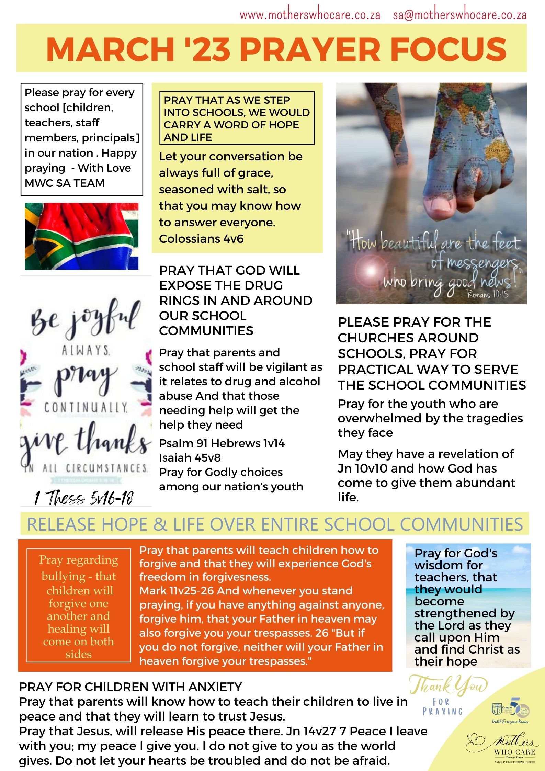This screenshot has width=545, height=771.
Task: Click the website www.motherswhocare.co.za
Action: pyautogui.click(x=310, y=15)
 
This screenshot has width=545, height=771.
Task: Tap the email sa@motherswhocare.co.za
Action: pyautogui.click(x=459, y=15)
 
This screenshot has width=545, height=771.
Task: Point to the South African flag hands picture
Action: pyautogui.click(x=82, y=236)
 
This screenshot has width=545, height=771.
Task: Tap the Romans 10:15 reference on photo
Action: pyautogui.click(x=487, y=294)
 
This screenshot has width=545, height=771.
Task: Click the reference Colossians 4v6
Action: pyautogui.click(x=201, y=239)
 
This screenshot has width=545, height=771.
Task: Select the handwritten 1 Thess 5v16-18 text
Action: pyautogui.click(x=83, y=497)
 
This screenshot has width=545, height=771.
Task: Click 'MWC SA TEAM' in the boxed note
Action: pyautogui.click(x=65, y=183)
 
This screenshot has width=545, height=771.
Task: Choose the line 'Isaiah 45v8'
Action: pyautogui.click(x=190, y=457)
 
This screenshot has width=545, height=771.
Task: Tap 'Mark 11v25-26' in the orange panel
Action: pyautogui.click(x=177, y=591)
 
